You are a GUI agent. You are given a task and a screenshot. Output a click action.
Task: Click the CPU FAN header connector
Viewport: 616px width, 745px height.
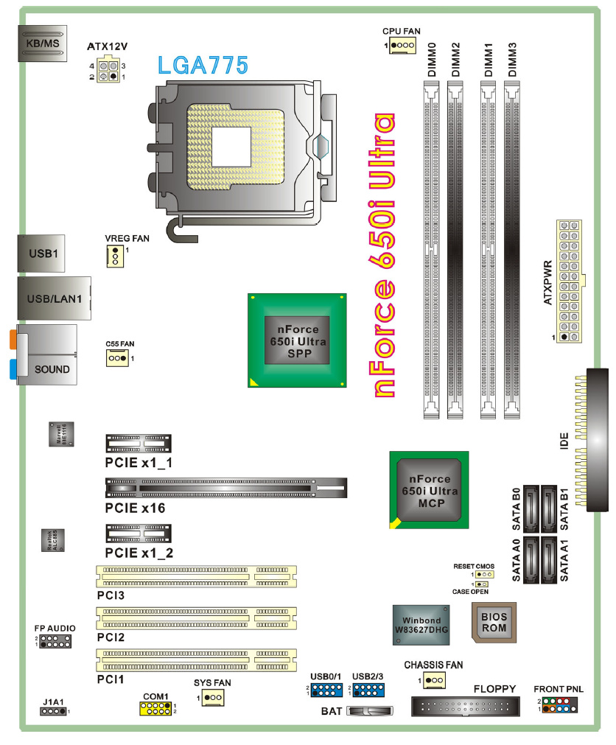(403, 46)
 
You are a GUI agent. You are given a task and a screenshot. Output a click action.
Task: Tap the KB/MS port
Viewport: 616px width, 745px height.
(43, 43)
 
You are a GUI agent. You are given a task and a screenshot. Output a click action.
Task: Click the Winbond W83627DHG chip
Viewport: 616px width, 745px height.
(421, 625)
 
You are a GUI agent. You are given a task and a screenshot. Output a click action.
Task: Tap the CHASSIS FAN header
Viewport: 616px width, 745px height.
(434, 679)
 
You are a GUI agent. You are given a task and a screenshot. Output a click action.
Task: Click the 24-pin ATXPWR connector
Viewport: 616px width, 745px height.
(570, 281)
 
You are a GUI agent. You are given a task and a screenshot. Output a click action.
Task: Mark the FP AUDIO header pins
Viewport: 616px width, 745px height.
(55, 641)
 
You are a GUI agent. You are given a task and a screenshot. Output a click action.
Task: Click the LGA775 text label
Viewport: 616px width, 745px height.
(203, 65)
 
